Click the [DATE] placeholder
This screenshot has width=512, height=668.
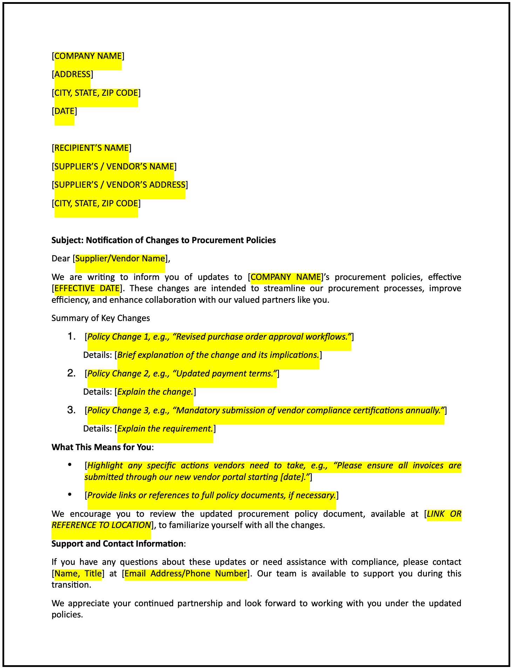pyautogui.click(x=64, y=111)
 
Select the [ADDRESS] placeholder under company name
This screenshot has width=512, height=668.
pyautogui.click(x=72, y=74)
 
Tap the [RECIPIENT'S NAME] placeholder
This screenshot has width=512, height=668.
pyautogui.click(x=91, y=148)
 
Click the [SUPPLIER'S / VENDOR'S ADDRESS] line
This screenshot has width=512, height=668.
pyautogui.click(x=120, y=185)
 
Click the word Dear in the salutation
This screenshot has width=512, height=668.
pyautogui.click(x=61, y=259)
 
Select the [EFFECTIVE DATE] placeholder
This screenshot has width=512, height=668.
pyautogui.click(x=87, y=288)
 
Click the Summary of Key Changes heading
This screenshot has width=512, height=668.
pyautogui.click(x=101, y=318)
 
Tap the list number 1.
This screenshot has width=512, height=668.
pyautogui.click(x=71, y=337)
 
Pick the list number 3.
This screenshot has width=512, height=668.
pyautogui.click(x=71, y=410)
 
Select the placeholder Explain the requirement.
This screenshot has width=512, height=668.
pyautogui.click(x=165, y=429)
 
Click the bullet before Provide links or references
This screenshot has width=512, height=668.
pyautogui.click(x=70, y=495)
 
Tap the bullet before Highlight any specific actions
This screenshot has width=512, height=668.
pyautogui.click(x=70, y=465)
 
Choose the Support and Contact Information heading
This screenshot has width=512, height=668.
pyautogui.click(x=117, y=544)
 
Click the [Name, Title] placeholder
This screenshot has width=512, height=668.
pyautogui.click(x=78, y=574)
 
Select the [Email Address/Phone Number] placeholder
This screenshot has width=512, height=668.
pyautogui.click(x=186, y=574)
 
